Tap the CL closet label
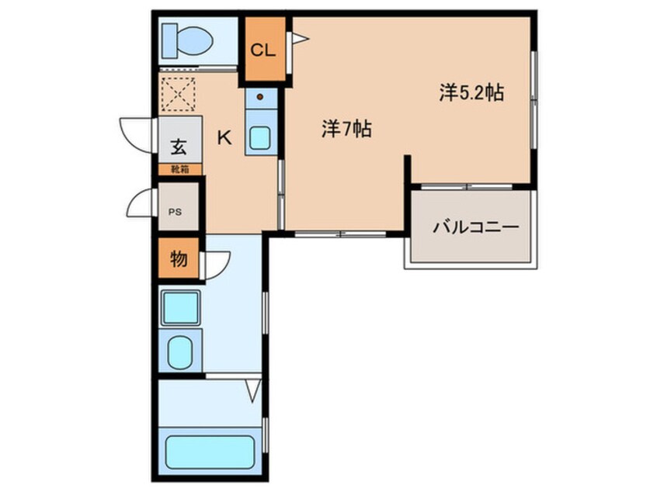tap(262, 51)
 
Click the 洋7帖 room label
tap(346, 130)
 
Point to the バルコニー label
tap(474, 228)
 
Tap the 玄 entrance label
tap(179, 146)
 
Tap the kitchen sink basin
tap(259, 138)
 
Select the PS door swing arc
tap(141, 206)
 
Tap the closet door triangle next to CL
tap(299, 38)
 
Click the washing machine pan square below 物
tap(180, 307)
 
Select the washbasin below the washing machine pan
tap(180, 349)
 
